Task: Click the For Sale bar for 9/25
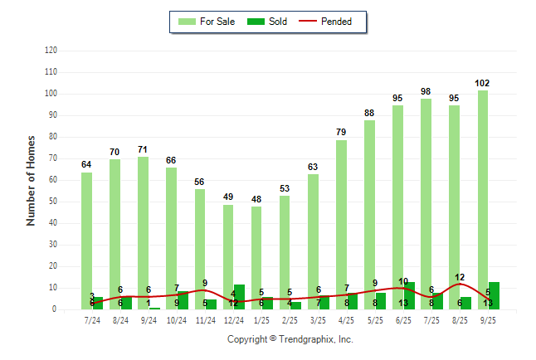(482, 199)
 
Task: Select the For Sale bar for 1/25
(256, 257)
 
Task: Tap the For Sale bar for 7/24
(86, 241)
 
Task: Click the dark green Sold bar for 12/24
(239, 297)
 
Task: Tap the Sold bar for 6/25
(409, 296)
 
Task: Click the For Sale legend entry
(207, 22)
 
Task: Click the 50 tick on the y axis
(53, 202)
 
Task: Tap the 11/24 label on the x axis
(205, 320)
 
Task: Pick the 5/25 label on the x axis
(375, 320)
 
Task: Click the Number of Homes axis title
(31, 180)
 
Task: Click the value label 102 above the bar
(482, 83)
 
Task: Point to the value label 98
(426, 91)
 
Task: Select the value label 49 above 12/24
(227, 197)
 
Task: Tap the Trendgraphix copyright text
(290, 339)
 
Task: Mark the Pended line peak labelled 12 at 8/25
(459, 284)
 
